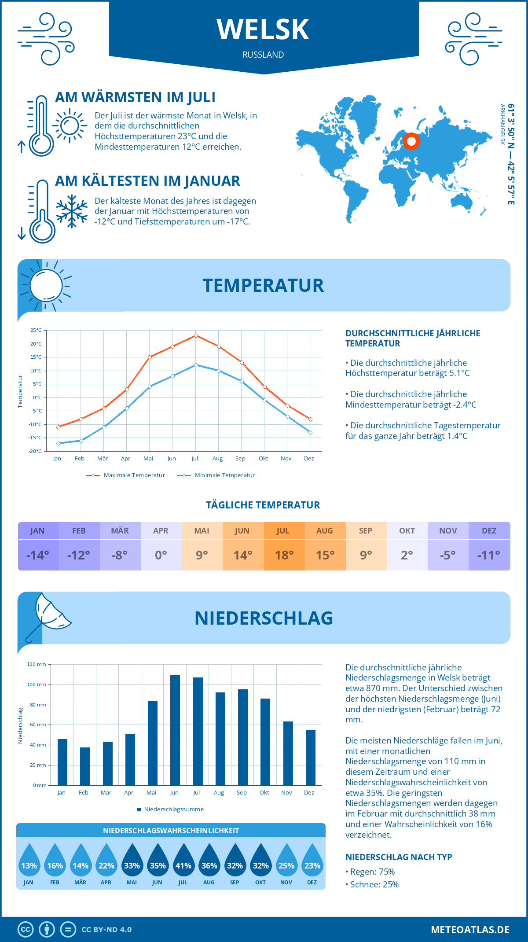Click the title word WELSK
[263, 29]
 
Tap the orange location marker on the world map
[411, 141]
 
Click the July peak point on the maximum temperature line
[196, 335]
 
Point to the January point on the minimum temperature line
[58, 443]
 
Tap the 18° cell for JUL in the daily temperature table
[284, 555]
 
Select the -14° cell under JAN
[38, 555]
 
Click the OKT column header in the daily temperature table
[407, 531]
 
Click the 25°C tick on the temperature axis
[36, 330]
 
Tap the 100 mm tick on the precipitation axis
[37, 684]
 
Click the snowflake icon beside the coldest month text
[72, 211]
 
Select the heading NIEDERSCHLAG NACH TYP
[399, 857]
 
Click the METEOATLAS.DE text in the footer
[470, 930]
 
